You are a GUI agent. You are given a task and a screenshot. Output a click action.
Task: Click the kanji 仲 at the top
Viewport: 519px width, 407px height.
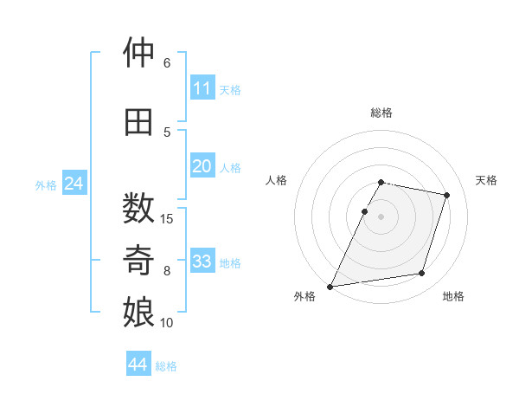(138, 52)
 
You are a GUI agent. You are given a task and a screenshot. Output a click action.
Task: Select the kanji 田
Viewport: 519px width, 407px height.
(138, 122)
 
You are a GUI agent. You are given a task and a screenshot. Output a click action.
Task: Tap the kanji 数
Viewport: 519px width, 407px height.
(138, 208)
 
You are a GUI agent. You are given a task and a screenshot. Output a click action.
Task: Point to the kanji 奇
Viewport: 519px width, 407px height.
(138, 260)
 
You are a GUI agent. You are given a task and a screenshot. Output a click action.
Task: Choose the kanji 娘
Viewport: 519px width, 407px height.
(138, 312)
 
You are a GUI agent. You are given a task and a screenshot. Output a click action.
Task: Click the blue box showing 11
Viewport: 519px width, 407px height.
(202, 87)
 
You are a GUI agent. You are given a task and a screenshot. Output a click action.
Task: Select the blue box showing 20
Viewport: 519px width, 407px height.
(202, 165)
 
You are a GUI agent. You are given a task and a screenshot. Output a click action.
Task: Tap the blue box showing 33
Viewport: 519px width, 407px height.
(202, 260)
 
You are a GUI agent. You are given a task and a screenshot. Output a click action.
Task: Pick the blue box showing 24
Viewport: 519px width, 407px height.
(74, 183)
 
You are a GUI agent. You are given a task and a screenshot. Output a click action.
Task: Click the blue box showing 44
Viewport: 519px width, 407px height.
(138, 363)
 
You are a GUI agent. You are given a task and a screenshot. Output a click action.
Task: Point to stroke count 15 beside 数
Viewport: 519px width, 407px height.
(166, 219)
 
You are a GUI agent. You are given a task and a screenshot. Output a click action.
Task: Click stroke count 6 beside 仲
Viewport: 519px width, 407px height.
(167, 63)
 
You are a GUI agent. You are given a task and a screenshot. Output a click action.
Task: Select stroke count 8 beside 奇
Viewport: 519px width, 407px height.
(167, 271)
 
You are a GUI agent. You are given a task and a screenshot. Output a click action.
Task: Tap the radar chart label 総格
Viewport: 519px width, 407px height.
(381, 113)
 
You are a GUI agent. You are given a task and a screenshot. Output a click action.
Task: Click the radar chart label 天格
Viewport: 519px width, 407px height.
(486, 180)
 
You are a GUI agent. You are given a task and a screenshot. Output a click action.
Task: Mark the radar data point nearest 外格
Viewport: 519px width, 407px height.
(330, 287)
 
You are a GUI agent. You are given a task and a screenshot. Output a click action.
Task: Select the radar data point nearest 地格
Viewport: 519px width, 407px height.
(422, 273)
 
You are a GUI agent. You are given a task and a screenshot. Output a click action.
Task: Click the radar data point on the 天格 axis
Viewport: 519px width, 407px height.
(446, 195)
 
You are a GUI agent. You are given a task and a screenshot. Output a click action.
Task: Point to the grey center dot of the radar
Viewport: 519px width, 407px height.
(381, 216)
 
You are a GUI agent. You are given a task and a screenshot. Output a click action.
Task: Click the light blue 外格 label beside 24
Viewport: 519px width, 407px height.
(46, 185)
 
